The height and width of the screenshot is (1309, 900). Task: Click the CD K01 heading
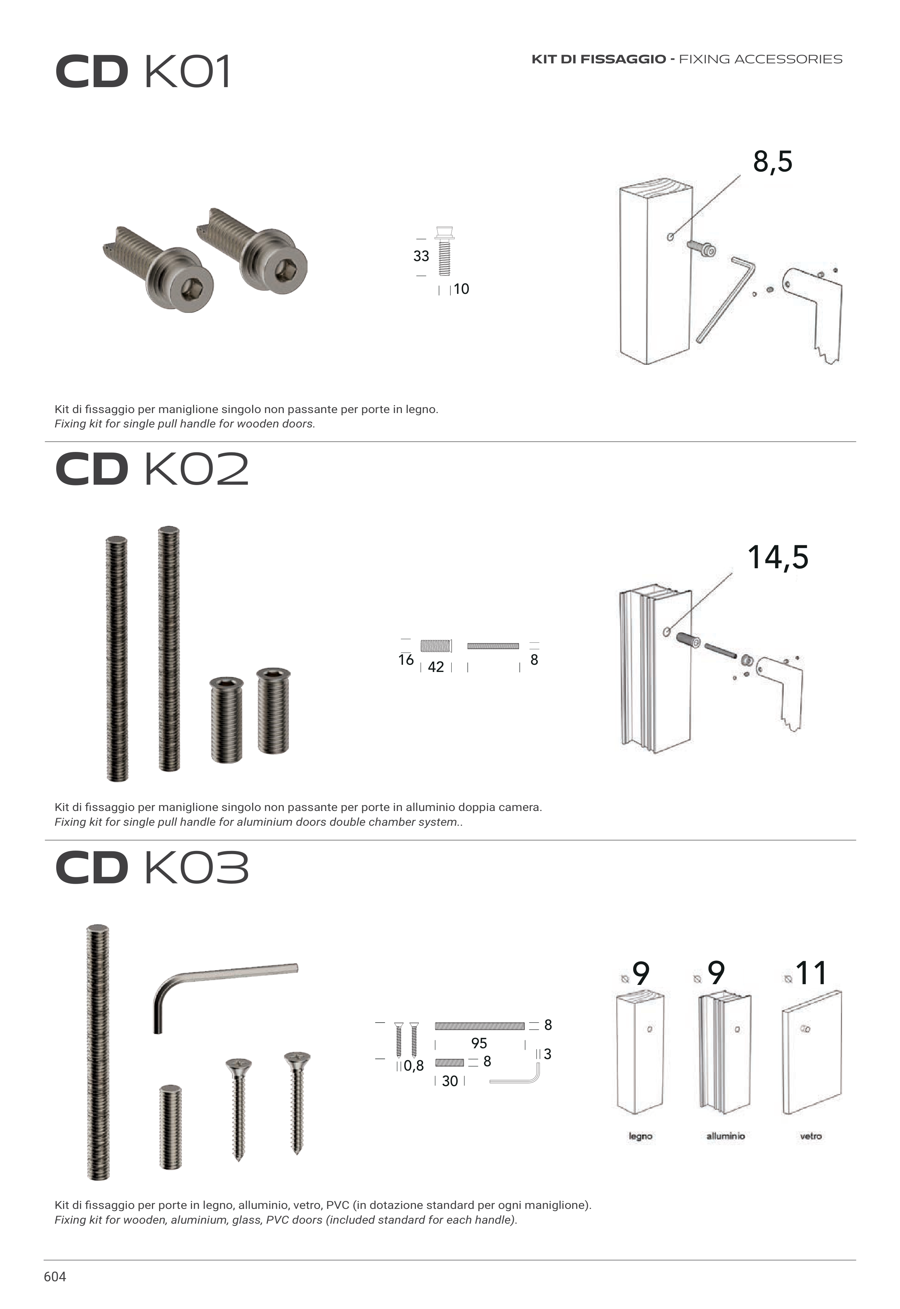tap(143, 72)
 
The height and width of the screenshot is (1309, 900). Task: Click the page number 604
tap(55, 1277)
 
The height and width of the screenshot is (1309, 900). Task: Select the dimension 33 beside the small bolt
tap(421, 256)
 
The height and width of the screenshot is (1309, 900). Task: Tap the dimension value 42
tap(436, 667)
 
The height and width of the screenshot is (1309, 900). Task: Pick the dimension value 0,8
tap(413, 1066)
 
